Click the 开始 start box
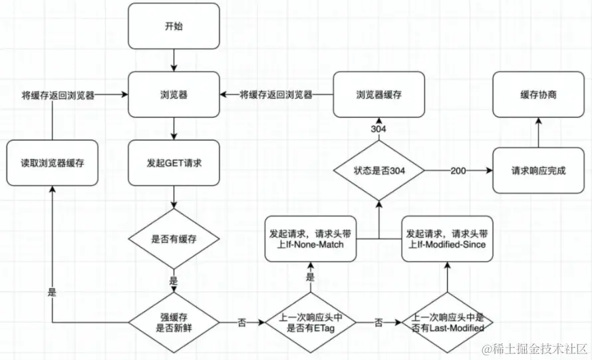click(x=174, y=26)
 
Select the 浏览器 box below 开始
click(x=174, y=94)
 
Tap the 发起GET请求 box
click(x=174, y=163)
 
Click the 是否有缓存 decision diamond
click(x=174, y=239)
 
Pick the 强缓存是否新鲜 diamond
click(x=174, y=322)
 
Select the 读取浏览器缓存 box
click(x=53, y=163)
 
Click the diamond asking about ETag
click(x=311, y=322)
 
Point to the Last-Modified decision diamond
click(x=448, y=322)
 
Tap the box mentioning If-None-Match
click(x=311, y=239)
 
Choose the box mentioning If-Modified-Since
click(x=448, y=239)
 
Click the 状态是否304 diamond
click(x=379, y=170)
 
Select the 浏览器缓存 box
click(x=379, y=94)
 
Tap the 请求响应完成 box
click(x=538, y=170)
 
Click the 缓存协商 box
click(x=538, y=94)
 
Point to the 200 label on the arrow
click(x=458, y=171)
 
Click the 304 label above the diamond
click(x=378, y=129)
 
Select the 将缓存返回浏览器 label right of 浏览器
click(x=276, y=94)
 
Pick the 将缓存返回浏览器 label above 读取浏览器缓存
click(x=58, y=95)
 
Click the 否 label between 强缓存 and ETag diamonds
click(x=241, y=323)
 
